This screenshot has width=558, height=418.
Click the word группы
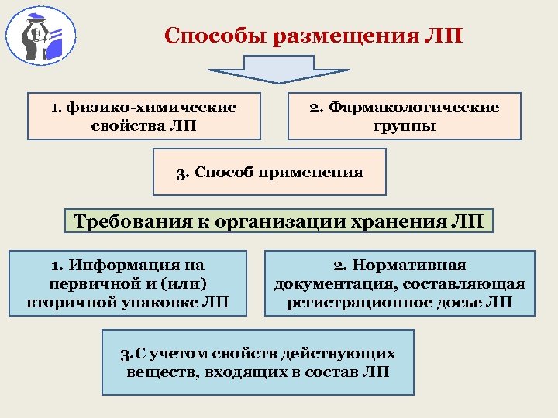coord(404,125)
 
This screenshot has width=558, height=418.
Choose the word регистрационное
coord(366,301)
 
